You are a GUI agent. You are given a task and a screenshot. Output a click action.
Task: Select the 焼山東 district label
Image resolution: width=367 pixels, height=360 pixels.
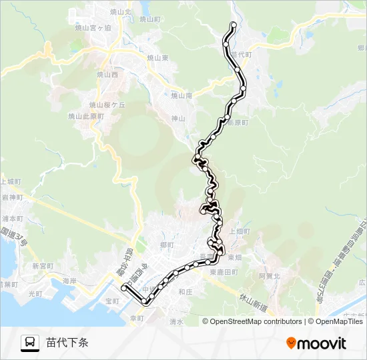[x=157, y=58]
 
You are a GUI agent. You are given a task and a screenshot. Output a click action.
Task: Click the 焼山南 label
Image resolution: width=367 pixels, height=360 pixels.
[x=181, y=96]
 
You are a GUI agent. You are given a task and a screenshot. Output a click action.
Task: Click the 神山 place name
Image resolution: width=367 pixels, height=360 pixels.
[x=177, y=119]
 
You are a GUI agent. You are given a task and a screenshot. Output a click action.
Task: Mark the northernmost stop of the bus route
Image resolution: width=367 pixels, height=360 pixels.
[x=233, y=25]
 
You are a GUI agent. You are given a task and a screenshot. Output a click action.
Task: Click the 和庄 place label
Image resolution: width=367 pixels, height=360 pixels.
[x=185, y=291]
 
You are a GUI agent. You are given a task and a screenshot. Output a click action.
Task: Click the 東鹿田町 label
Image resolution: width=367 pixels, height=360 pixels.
[x=223, y=273]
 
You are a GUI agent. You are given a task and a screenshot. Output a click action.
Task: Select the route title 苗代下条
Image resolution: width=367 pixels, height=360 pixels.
[x=67, y=343]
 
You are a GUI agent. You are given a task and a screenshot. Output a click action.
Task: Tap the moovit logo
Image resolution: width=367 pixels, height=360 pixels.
[x=316, y=343]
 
